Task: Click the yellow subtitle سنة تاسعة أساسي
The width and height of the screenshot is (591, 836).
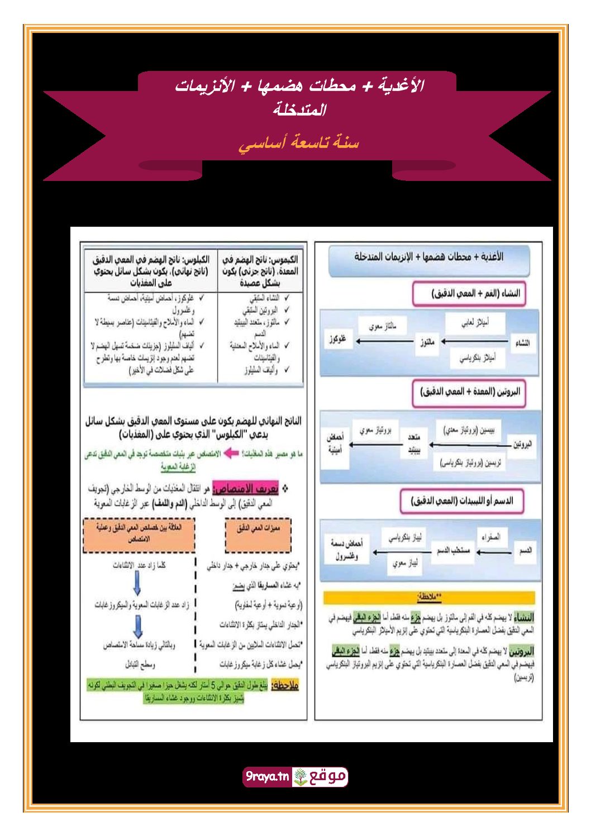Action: coord(298,143)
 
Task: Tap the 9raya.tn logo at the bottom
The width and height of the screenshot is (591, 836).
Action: coord(295,776)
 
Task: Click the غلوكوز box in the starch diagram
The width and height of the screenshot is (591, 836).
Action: coord(337,339)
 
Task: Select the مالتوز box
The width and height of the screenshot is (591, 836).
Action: coord(427,341)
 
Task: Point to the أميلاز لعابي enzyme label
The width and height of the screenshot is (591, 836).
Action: coord(475,323)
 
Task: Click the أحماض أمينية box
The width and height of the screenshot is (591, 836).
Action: coord(335,443)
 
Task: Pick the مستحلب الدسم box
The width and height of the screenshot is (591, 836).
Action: coord(453,551)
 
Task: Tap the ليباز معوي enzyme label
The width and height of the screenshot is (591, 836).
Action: coord(405,563)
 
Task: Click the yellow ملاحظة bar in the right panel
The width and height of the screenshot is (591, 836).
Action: coord(429,597)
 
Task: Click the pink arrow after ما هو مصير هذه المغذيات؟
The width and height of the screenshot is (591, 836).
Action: coord(231,453)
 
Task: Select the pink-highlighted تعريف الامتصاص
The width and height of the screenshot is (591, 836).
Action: coord(246,489)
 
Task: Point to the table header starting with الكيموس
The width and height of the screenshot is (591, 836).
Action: coord(260,271)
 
